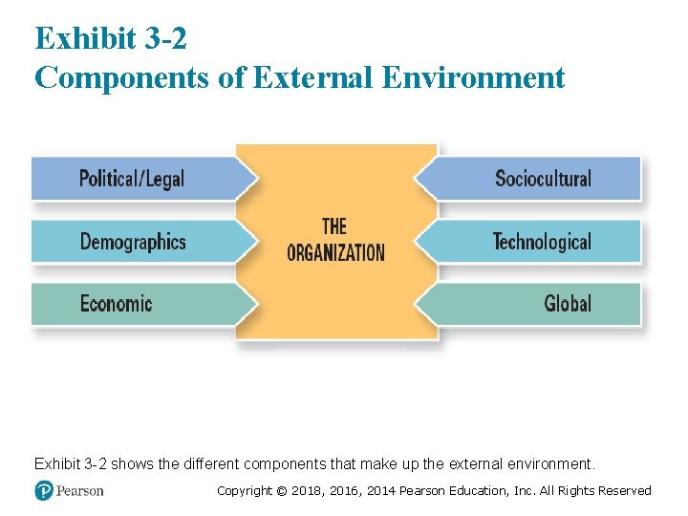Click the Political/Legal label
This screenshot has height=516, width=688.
pyautogui.click(x=131, y=179)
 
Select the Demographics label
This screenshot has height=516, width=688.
pyautogui.click(x=133, y=242)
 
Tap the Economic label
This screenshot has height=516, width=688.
pyautogui.click(x=116, y=304)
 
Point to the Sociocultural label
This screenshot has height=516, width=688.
pyautogui.click(x=543, y=179)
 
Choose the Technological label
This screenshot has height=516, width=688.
pyautogui.click(x=542, y=242)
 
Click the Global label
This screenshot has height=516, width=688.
pyautogui.click(x=568, y=304)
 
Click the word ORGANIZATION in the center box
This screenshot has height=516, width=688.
pyautogui.click(x=335, y=253)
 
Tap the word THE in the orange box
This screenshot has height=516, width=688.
pyautogui.click(x=334, y=227)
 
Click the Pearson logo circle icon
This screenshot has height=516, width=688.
pyautogui.click(x=44, y=490)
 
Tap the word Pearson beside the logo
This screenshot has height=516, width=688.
pyautogui.click(x=80, y=491)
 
